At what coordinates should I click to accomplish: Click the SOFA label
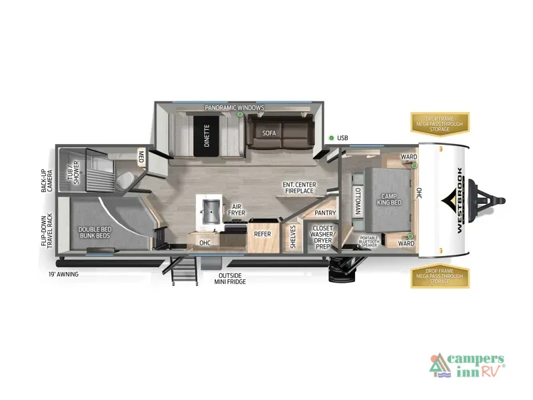(x=268, y=133)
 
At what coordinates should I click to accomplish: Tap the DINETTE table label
(x=207, y=135)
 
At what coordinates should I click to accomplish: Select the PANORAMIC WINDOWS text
(x=235, y=107)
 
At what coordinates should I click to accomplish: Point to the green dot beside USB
(x=331, y=138)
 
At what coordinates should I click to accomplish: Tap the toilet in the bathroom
(x=123, y=179)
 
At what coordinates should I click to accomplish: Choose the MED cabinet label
(x=141, y=157)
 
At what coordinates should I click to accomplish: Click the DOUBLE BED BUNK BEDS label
(x=95, y=233)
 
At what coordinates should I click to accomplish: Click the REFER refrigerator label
(x=261, y=234)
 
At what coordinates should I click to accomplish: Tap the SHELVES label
(x=292, y=237)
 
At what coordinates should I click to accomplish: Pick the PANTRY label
(x=324, y=213)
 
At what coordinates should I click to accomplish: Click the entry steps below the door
(x=186, y=270)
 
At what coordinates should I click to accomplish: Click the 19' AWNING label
(x=64, y=274)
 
